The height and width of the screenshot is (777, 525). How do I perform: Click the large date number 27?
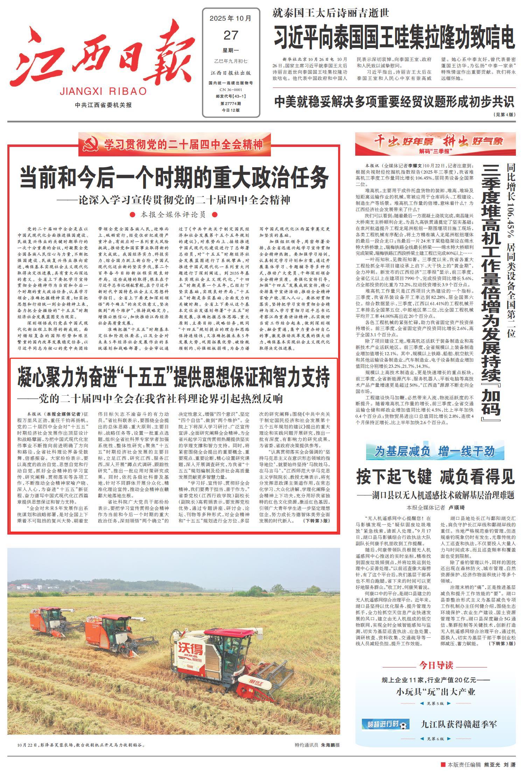point(231,35)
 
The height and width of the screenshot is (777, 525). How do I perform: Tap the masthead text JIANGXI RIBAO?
point(103,92)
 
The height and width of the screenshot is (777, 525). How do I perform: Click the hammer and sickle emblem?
point(92,144)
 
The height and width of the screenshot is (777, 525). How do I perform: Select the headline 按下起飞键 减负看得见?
point(435,477)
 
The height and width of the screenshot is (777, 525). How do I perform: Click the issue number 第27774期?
point(231,104)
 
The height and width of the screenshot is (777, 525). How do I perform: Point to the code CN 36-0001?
point(231,90)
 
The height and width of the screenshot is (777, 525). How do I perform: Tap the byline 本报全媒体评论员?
point(173,214)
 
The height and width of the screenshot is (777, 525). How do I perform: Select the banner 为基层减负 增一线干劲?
point(435,452)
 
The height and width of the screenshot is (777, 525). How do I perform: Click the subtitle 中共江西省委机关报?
point(103,105)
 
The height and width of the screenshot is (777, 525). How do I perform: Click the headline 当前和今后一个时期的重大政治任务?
point(174,178)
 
